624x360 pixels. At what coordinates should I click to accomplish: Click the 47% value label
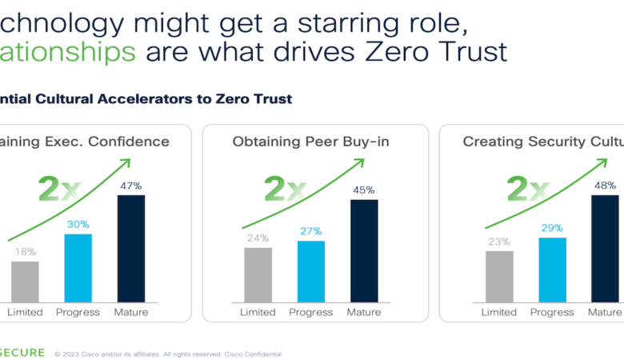click(131, 186)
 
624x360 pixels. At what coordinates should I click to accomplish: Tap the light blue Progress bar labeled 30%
click(78, 266)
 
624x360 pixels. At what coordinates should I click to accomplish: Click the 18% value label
click(25, 251)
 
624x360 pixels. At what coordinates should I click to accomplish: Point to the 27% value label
click(310, 231)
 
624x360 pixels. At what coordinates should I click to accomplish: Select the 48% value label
click(606, 186)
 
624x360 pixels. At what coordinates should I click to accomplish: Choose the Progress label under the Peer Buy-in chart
click(310, 312)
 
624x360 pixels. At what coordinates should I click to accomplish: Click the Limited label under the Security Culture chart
click(499, 312)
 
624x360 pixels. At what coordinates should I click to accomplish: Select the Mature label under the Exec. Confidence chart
click(131, 312)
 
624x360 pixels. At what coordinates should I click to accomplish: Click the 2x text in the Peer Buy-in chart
click(285, 190)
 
